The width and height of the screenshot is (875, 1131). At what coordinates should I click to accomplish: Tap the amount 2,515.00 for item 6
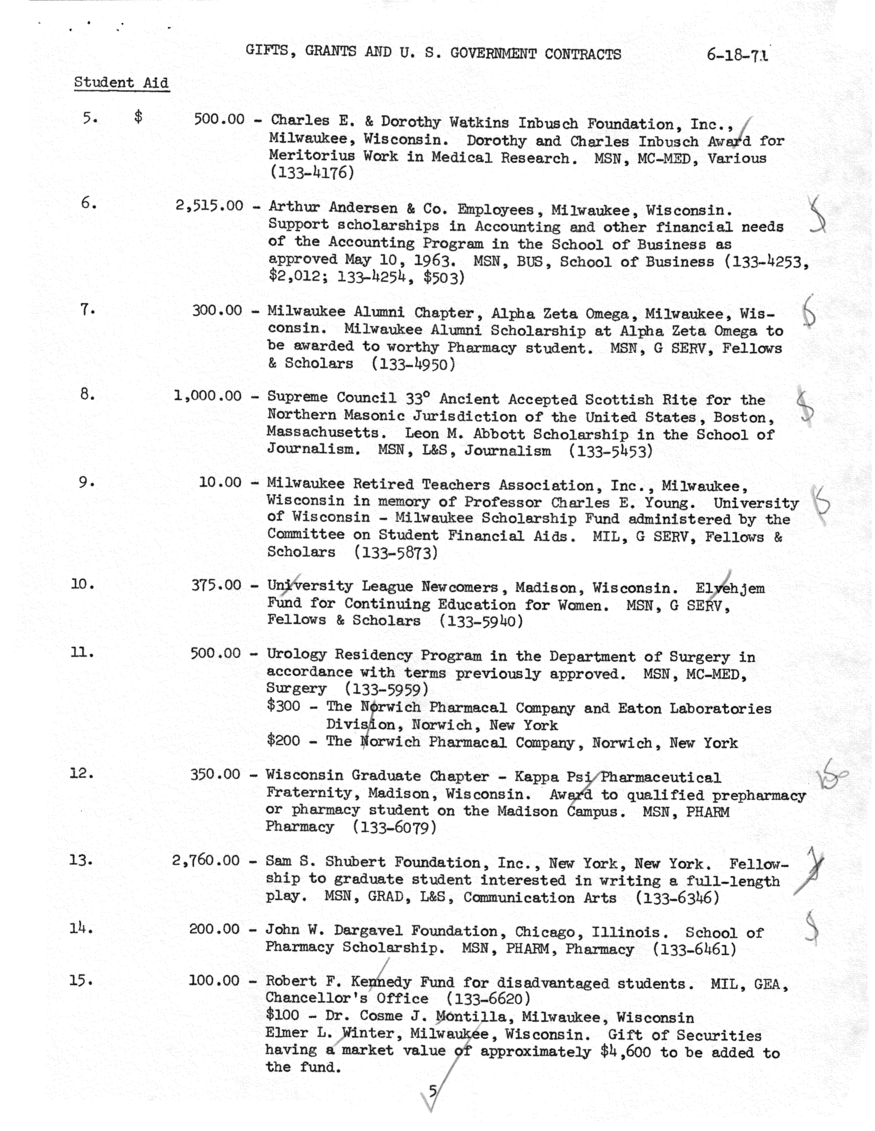(209, 206)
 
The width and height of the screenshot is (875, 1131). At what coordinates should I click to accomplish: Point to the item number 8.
(87, 395)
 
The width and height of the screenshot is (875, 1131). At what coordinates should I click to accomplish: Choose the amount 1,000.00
(208, 396)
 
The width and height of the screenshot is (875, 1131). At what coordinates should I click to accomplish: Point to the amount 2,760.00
(206, 861)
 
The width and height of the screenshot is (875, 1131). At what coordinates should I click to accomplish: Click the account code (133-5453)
(611, 451)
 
